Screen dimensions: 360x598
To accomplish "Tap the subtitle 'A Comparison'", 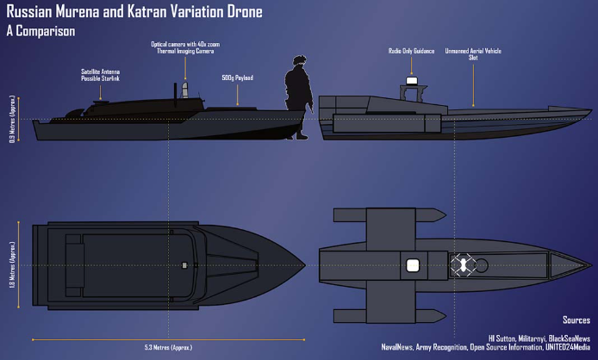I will (x=40, y=32).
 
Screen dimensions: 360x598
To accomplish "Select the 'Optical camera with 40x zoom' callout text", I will (x=183, y=45).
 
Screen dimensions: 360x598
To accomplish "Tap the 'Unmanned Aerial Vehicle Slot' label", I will (x=473, y=55).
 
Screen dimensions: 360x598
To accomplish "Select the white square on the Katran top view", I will (x=413, y=264).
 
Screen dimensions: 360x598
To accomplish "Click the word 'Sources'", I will (x=576, y=320).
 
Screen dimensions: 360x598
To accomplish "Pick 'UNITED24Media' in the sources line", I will (x=564, y=347).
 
